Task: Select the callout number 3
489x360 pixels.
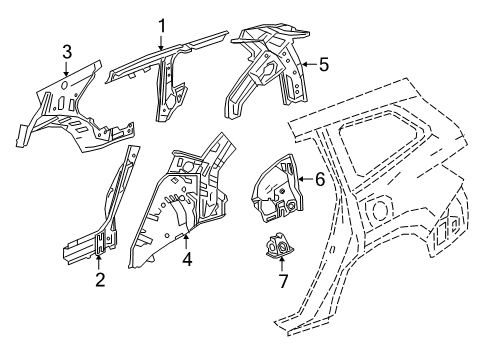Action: click(67, 52)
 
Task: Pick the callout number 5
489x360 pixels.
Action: click(323, 64)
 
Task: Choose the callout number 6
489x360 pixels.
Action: click(319, 180)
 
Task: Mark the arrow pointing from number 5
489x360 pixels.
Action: click(308, 64)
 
